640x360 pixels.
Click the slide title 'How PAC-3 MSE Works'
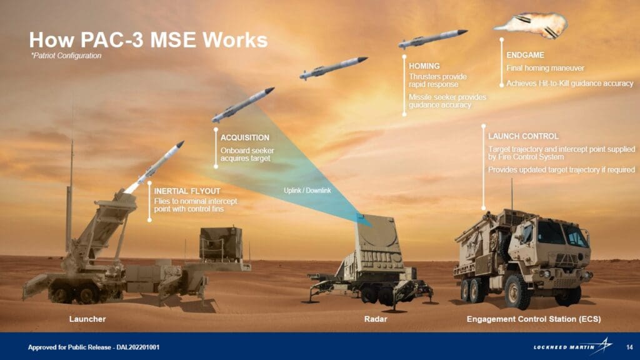[148, 40]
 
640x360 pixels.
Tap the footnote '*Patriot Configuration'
[66, 56]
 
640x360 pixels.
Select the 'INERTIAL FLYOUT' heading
[187, 191]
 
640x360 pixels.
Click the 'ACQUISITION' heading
[245, 137]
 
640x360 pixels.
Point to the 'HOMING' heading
[424, 66]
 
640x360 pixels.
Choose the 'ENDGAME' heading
[525, 55]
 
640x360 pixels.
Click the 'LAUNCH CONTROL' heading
[523, 136]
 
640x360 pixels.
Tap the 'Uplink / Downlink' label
[307, 190]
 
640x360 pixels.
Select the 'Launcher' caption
[87, 319]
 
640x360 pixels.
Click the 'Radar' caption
[376, 319]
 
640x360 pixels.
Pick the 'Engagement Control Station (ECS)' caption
[534, 319]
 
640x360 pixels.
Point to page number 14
[629, 347]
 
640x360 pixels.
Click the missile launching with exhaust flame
[154, 167]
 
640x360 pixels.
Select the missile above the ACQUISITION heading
[242, 104]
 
